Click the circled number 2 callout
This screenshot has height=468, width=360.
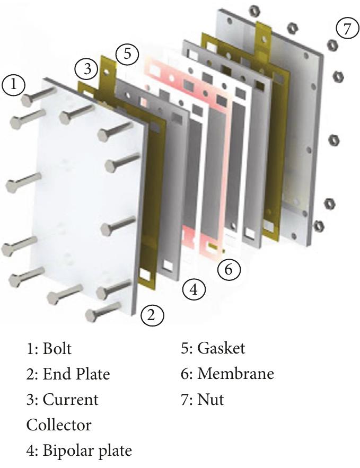pos(152,316)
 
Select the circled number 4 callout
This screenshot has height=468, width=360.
pos(194,289)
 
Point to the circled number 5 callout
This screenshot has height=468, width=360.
pos(127,54)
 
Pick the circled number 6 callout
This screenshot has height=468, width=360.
pos(229,269)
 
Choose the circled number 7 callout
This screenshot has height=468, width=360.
pos(347,28)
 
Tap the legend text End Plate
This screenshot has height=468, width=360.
pos(75,374)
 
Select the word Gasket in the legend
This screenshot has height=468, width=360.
pos(221,349)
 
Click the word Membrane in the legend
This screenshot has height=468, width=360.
pos(235,374)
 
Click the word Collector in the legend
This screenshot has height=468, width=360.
pos(58,425)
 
